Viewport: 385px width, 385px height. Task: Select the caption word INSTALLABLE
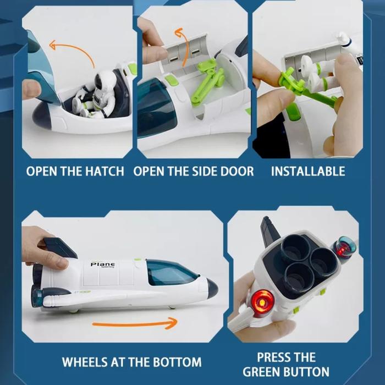[x=308, y=171]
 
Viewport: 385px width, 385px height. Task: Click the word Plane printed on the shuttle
[x=102, y=264]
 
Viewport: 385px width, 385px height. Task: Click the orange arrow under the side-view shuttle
[x=135, y=323]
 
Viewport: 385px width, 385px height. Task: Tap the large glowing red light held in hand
[x=262, y=301]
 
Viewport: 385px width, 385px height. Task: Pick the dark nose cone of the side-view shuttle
[x=212, y=288]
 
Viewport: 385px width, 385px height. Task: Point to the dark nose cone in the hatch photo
[x=41, y=115]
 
